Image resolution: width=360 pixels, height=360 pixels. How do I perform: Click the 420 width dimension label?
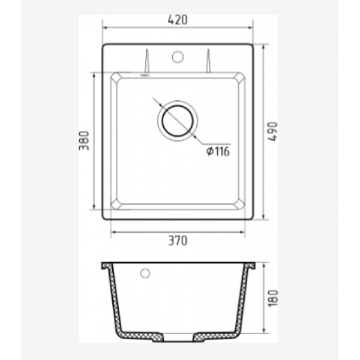click(x=178, y=20)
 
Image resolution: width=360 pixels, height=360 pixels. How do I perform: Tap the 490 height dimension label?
click(x=273, y=131)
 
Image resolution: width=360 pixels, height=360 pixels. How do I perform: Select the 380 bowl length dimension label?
click(x=84, y=140)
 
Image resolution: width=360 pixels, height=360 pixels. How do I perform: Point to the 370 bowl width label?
click(x=178, y=241)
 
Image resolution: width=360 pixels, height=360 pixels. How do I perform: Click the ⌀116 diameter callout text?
click(x=218, y=152)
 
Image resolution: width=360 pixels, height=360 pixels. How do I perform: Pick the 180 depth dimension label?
click(x=273, y=298)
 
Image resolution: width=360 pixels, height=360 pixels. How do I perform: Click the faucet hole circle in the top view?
click(x=178, y=57)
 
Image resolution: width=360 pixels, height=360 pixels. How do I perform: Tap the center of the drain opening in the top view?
click(x=178, y=121)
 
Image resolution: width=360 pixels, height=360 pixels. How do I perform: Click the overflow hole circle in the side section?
click(x=145, y=273)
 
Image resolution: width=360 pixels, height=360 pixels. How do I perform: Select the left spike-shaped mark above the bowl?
click(x=147, y=61)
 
